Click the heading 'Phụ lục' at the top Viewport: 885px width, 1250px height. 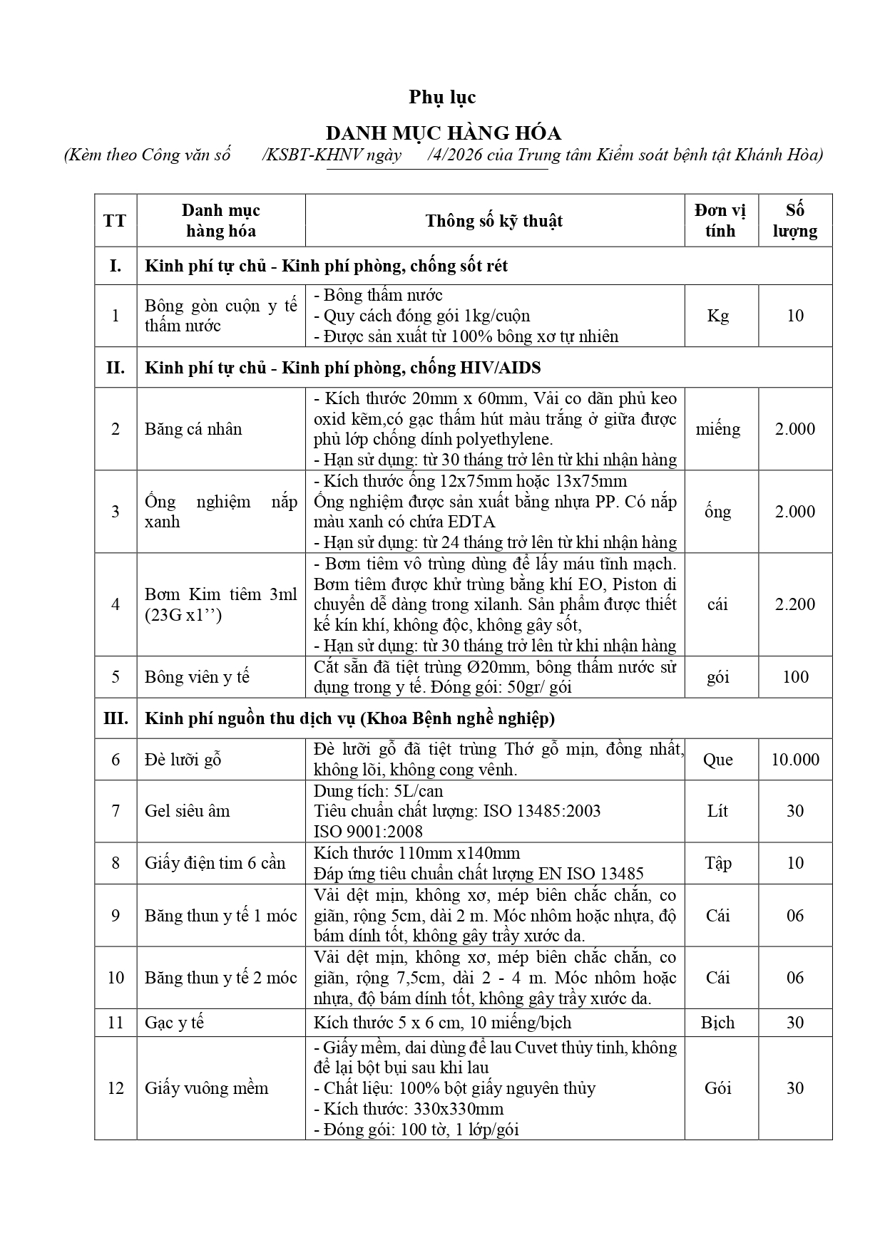click(442, 97)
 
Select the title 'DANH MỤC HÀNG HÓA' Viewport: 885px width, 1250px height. click(443, 133)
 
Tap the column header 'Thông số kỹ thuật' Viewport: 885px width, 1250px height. click(493, 221)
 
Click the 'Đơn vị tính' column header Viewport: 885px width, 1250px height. click(720, 221)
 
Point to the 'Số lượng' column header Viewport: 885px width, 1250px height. click(794, 221)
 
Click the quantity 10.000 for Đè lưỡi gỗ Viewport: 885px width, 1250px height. click(794, 760)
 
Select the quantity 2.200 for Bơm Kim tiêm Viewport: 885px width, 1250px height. click(794, 604)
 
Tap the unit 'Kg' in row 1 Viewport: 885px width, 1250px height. click(717, 316)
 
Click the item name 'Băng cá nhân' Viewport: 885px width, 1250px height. click(193, 429)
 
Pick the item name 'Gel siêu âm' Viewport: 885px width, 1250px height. click(188, 811)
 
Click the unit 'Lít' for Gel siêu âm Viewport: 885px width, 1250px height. click(717, 811)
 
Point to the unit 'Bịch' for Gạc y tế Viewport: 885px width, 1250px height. click(717, 1023)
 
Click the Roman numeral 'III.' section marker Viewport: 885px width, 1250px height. click(116, 718)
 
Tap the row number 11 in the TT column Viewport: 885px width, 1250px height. click(116, 1023)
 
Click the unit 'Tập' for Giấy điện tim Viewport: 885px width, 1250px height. click(718, 863)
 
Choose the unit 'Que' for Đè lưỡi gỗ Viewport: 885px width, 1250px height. click(717, 760)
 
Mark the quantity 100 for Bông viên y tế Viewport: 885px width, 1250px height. click(795, 677)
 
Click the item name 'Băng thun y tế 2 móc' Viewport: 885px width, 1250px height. click(221, 978)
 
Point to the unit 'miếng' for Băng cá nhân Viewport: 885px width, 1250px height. click(718, 429)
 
